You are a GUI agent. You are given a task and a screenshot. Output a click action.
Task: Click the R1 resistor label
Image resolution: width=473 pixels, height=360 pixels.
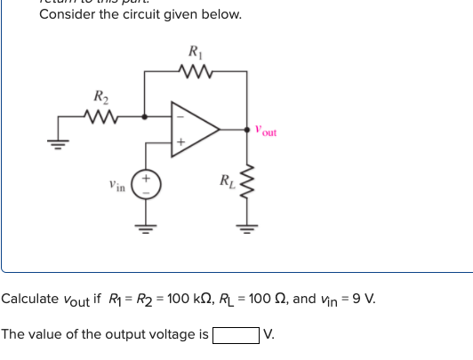point(195,52)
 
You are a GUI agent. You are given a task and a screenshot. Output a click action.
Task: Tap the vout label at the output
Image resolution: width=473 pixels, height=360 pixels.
point(266,131)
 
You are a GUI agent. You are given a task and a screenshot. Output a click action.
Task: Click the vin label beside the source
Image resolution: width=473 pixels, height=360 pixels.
point(116,188)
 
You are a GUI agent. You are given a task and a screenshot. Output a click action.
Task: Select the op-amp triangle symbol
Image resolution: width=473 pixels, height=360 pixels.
point(195,129)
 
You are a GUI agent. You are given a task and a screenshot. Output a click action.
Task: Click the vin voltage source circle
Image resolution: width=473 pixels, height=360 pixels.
point(145,188)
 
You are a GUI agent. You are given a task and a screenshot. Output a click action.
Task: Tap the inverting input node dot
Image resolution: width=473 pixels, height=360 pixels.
point(145,114)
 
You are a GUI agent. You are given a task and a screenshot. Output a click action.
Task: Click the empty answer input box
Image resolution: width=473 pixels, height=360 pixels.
point(236,335)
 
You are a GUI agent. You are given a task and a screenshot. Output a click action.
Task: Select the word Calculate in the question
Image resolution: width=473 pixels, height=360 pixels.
point(31,299)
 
